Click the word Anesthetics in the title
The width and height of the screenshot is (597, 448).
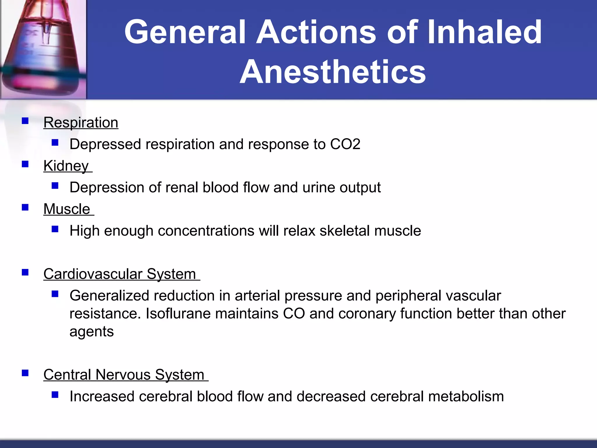[x=333, y=72]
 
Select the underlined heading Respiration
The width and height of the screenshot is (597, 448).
[x=81, y=123]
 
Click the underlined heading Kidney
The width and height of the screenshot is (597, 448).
[x=66, y=166]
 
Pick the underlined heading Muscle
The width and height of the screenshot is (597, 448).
[x=67, y=209]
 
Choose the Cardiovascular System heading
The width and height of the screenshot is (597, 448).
[x=120, y=274]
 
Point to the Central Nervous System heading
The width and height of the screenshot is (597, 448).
[x=124, y=375]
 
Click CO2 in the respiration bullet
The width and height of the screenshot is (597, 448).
[x=345, y=144]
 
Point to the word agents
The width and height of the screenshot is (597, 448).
[x=92, y=332]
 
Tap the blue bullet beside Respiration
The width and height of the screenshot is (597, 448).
[x=25, y=121]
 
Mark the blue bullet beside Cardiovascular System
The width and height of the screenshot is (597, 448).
[x=25, y=272]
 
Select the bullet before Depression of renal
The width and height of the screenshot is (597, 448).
[x=55, y=186]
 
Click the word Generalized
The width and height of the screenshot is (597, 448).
[x=109, y=296]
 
